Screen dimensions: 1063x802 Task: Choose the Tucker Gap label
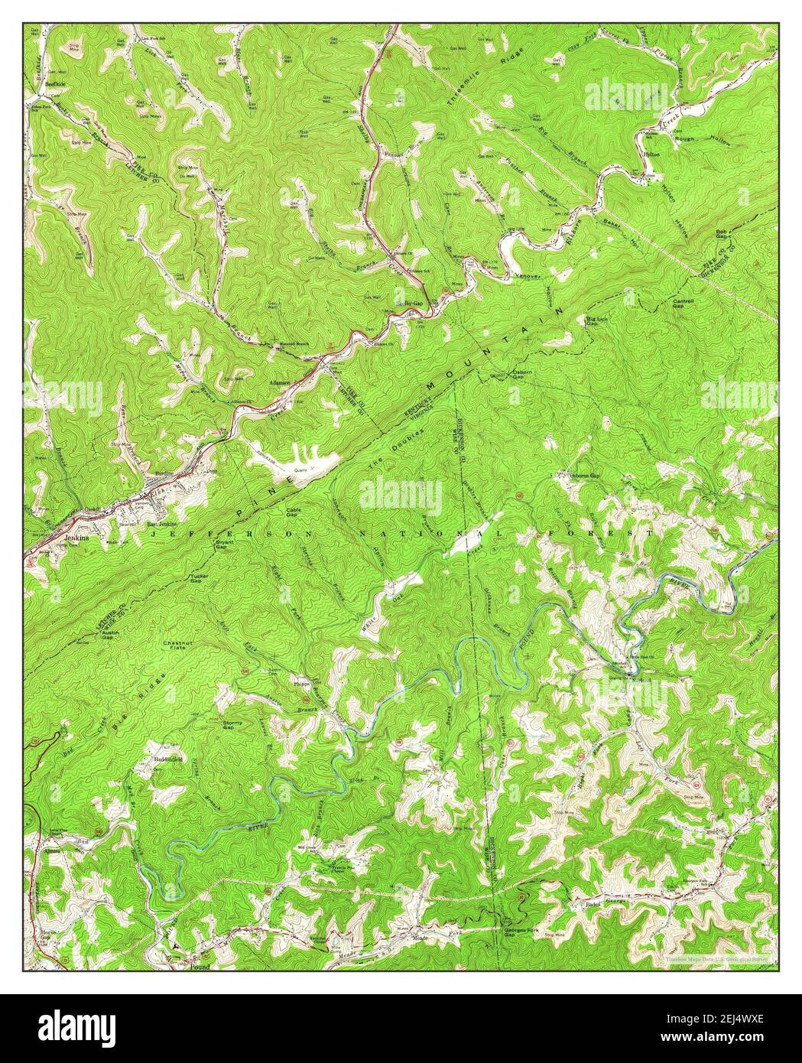[x=190, y=578]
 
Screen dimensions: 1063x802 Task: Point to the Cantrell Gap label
[x=682, y=302]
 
